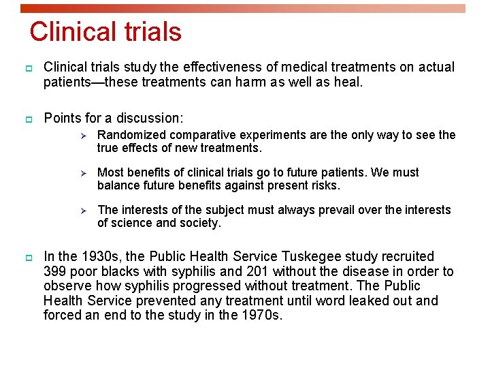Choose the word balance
click(117, 185)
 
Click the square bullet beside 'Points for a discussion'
click(29, 119)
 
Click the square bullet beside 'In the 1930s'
click(29, 258)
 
